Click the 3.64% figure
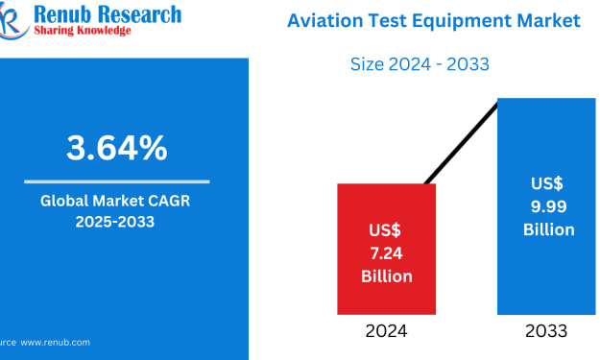(x=117, y=148)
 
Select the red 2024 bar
(x=387, y=249)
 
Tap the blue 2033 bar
(x=546, y=206)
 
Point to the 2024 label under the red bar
(x=386, y=331)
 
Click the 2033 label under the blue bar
(x=546, y=331)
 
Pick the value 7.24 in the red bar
(x=387, y=253)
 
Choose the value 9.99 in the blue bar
(x=549, y=206)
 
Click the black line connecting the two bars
(x=461, y=144)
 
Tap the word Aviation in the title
(x=325, y=20)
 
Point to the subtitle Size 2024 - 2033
(x=420, y=64)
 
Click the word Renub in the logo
(x=62, y=14)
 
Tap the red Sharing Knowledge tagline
(x=83, y=31)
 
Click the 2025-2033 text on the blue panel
(x=115, y=222)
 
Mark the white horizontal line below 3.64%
(x=117, y=181)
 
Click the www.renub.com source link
(x=55, y=343)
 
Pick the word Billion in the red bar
(x=387, y=276)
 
